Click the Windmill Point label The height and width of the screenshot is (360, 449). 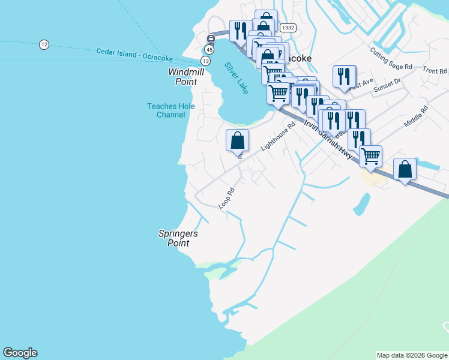point(186,76)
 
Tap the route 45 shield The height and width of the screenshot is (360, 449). point(209,49)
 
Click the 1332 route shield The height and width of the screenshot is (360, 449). point(288,28)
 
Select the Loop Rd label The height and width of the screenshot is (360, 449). point(226,199)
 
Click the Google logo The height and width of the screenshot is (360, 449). point(20,353)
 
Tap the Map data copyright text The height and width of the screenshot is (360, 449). point(412,355)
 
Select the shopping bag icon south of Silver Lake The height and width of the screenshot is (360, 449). point(237,140)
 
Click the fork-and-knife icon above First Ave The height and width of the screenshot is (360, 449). point(344,76)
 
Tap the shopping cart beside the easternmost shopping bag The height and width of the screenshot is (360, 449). point(370,156)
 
